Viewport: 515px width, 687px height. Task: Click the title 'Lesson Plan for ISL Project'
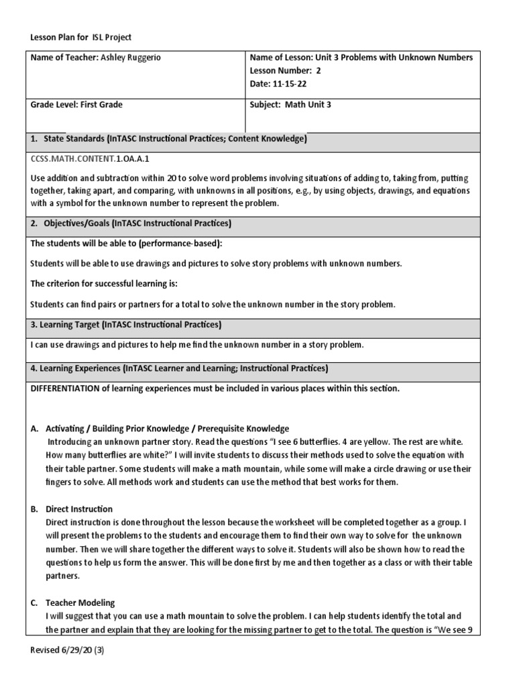pos(86,38)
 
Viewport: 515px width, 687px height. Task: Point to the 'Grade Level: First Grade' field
pos(76,105)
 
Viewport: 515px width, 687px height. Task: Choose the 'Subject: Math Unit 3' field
pos(290,105)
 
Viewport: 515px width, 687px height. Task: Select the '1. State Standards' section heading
pos(168,139)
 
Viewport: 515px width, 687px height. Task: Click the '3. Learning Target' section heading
pos(125,325)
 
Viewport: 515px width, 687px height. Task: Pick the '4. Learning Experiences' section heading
pos(179,368)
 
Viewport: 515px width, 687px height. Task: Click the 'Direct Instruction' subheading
pos(79,509)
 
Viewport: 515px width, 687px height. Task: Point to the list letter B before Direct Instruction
pos(34,509)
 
